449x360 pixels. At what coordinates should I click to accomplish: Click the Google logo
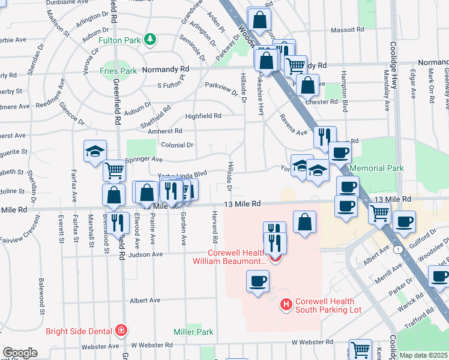[x=20, y=353]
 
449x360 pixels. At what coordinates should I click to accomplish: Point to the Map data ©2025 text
[x=423, y=355]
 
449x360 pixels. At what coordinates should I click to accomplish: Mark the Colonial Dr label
[x=177, y=145]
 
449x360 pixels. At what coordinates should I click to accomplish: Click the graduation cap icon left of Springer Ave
[x=94, y=152]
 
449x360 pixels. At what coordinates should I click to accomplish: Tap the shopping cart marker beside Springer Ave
[x=113, y=170]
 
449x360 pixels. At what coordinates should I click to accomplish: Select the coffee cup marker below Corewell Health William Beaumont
[x=258, y=280]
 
